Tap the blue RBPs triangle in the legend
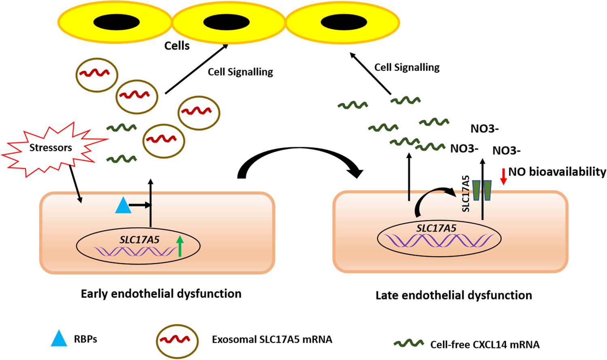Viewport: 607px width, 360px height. click(x=59, y=339)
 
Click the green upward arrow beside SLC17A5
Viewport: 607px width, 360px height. click(x=180, y=246)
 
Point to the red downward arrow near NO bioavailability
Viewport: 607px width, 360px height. click(x=503, y=176)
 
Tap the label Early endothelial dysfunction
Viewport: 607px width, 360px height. click(x=161, y=294)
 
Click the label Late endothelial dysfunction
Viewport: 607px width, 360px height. click(x=454, y=295)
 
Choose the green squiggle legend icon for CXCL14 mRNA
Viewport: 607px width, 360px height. click(x=409, y=344)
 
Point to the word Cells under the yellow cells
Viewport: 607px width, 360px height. click(x=177, y=46)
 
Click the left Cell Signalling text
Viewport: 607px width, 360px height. click(x=240, y=72)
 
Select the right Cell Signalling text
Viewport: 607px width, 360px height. click(x=407, y=67)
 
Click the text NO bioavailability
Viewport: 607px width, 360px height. click(x=557, y=172)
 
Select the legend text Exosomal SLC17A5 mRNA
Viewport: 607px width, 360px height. click(x=272, y=340)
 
